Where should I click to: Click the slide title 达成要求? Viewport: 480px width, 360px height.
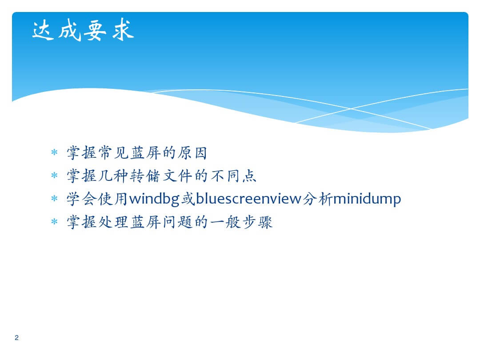(83, 30)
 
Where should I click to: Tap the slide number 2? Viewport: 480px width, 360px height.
(16, 338)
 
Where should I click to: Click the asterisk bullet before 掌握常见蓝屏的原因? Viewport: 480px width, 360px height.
(54, 152)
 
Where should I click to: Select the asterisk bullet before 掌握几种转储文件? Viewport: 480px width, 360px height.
(54, 176)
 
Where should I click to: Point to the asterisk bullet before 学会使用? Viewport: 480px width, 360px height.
(54, 198)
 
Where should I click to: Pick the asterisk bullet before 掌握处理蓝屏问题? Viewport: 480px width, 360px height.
(54, 221)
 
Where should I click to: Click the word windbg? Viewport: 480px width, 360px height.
(154, 199)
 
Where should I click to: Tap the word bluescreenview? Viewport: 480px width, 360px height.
(248, 199)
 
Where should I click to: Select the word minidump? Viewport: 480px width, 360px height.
(367, 199)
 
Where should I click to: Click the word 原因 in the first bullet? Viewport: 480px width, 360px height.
(192, 153)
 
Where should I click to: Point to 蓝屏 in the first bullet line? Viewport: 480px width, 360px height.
(146, 153)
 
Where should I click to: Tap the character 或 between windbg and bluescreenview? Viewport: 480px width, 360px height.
(188, 199)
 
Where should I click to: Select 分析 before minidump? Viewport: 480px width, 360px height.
(317, 199)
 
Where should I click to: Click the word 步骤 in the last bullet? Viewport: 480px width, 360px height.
(257, 222)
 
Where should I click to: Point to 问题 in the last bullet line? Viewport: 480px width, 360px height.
(177, 222)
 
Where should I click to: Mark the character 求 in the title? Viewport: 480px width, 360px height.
(123, 30)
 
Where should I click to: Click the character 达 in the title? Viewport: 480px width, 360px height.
(43, 30)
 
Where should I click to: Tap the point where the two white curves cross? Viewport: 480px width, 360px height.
(351, 109)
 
